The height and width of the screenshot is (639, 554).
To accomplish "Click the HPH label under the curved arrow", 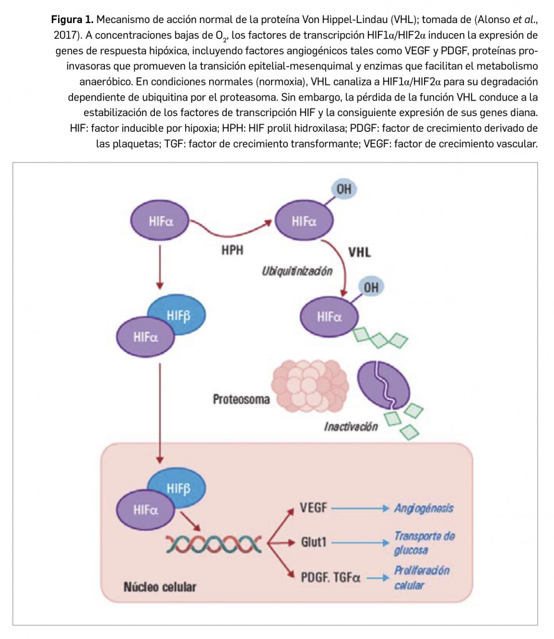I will [x=232, y=251].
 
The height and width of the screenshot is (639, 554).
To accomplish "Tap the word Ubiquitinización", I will [x=297, y=271].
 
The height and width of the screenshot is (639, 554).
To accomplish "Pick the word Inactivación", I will [x=351, y=427].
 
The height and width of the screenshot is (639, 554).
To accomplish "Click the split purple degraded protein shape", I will [x=384, y=386].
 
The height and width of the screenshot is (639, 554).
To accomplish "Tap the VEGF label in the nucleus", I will [x=314, y=507].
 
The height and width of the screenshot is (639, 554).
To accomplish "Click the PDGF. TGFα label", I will [x=330, y=577].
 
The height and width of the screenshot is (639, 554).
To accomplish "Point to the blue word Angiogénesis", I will [x=423, y=508].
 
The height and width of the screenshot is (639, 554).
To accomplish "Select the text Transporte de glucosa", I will [x=423, y=543].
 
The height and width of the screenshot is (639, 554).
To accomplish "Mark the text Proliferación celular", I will [x=422, y=578].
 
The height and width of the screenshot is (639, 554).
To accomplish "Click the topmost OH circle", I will [x=344, y=189].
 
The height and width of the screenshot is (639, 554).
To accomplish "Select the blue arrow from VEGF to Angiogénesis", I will [x=360, y=508].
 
